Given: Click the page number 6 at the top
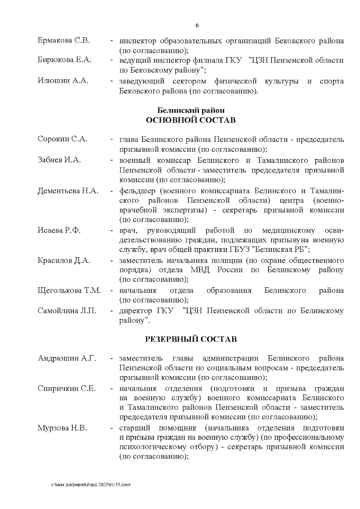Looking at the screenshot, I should coord(197,26).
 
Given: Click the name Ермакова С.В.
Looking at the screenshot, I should coord(64,40).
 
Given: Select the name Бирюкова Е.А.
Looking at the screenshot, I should coord(64,60).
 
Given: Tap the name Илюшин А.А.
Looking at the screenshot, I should coord(63,80).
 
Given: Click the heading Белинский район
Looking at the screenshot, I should coord(191,110).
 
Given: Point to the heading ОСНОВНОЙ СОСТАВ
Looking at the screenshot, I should coord(191,120).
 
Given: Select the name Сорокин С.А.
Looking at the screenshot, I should coord(62,139).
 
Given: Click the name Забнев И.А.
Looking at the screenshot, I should coord(59,160).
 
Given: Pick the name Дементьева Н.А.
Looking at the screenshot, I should coord(68,191).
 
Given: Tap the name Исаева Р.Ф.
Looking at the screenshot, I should coord(59,230).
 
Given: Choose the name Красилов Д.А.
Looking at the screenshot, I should coord(64,260).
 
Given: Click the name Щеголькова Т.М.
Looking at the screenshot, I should coord(69,290).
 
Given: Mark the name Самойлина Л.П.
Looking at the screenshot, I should coord(67,311).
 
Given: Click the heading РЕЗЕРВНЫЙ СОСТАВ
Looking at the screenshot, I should coord(191,339).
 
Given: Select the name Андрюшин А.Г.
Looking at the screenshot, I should coord(67,358).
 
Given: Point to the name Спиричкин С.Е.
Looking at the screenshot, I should coord(67,388).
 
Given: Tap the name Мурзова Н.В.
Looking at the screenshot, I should coord(62,428).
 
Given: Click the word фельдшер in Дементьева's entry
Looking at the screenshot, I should coord(137,191).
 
